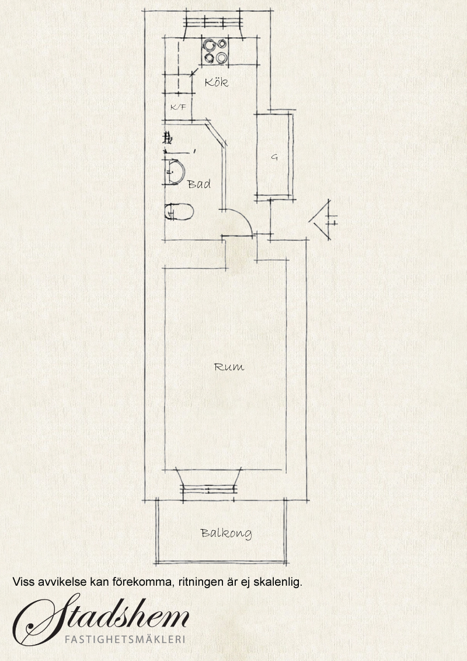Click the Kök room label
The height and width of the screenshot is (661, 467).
click(217, 82)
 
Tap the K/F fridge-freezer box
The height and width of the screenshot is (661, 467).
click(178, 107)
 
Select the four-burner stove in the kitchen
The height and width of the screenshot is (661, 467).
click(215, 51)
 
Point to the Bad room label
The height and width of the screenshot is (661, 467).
click(199, 184)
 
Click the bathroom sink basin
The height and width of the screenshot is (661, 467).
click(174, 173)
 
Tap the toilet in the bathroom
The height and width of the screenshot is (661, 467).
click(179, 211)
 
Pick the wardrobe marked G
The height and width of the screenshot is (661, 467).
click(274, 156)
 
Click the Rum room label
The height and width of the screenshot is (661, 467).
click(229, 367)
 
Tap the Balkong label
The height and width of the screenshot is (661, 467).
click(226, 533)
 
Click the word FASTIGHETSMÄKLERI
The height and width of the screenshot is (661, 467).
click(125, 639)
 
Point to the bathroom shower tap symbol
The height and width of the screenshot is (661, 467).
click(168, 137)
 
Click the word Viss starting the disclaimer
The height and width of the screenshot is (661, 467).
click(23, 582)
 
